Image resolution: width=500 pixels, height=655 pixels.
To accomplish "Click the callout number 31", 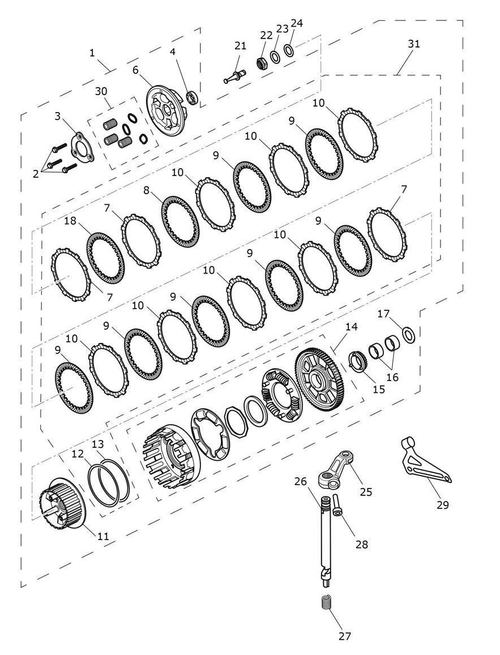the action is coord(413,44).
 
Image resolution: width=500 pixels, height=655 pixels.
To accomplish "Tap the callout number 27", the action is coord(345,636).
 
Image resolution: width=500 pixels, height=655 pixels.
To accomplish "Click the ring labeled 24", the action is coord(289,50).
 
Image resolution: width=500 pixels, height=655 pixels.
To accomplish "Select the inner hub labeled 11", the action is coord(63,506).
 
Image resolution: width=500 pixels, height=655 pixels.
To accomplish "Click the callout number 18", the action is coord(70,221).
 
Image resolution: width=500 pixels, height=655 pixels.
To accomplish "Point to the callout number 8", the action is coord(146,190).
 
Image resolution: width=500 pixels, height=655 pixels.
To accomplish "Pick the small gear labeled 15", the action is coord(357,361).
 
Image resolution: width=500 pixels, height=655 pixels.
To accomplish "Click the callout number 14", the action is coord(351,326).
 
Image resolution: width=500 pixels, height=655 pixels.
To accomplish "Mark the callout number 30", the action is coord(101,91).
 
